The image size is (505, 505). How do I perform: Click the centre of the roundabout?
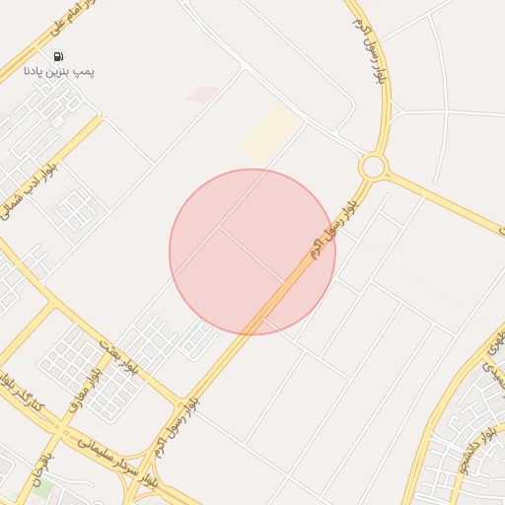click(x=373, y=167)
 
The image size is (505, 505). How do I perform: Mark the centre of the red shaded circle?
click(x=252, y=252)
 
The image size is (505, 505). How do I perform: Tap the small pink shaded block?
click(x=203, y=95)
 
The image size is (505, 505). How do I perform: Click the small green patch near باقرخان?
click(x=41, y=488)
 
